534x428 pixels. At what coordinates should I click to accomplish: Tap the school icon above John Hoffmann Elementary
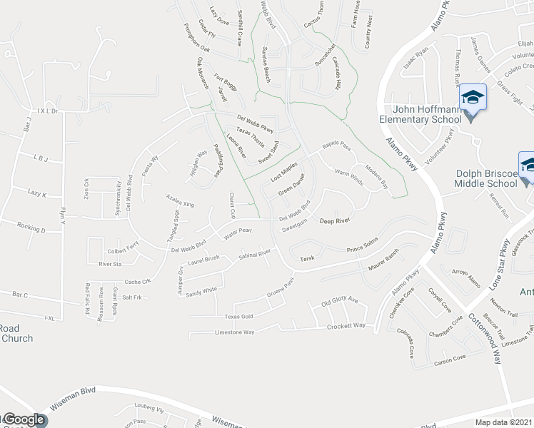tap(472, 97)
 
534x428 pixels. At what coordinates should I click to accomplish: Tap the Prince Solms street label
tap(361, 249)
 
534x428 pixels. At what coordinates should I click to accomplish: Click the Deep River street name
tap(333, 222)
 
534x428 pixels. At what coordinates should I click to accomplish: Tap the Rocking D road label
tap(31, 230)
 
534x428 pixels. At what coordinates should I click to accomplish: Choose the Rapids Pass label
tap(336, 146)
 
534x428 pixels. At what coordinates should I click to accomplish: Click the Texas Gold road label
tap(238, 316)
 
